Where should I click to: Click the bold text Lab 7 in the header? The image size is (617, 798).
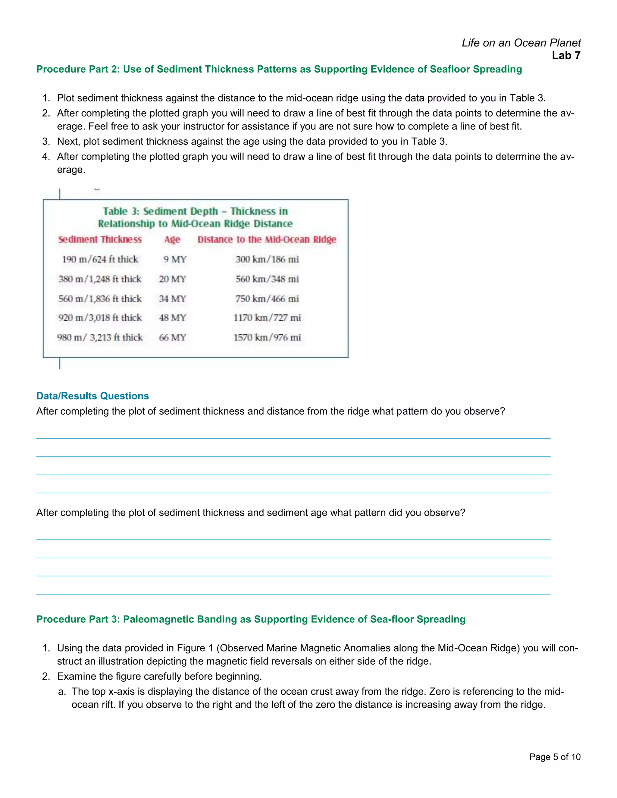(566, 55)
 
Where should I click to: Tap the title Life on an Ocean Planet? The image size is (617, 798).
(521, 43)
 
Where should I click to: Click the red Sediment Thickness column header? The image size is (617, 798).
(100, 239)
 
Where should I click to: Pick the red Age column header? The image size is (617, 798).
(172, 239)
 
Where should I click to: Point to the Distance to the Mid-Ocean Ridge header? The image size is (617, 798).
(267, 239)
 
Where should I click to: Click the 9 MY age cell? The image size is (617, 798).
(175, 259)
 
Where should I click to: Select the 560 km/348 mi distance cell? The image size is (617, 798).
(267, 279)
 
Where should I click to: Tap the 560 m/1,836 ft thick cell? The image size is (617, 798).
(100, 299)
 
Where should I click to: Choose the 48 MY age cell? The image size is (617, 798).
(172, 318)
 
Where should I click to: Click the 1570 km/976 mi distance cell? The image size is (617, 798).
(267, 338)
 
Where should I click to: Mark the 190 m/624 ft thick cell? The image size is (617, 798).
(100, 259)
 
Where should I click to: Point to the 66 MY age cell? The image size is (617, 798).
(172, 338)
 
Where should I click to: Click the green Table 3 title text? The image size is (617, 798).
(195, 217)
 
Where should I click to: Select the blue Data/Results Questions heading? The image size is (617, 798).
(92, 396)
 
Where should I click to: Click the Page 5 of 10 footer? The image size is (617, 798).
(555, 757)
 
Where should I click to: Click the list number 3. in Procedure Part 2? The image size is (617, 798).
(46, 142)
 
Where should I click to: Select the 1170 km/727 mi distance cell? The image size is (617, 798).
(267, 318)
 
